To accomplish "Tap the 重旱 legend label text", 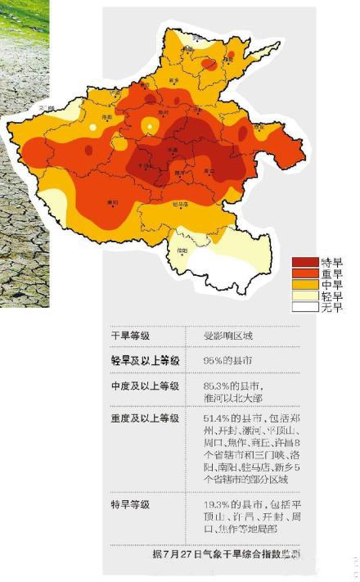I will coord(331,273).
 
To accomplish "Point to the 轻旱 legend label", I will coord(331,296).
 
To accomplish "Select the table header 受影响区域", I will coord(229,336).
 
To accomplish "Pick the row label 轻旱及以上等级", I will coord(145,360).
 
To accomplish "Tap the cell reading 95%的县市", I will coord(231,360).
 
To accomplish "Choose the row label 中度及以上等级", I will coord(145,386).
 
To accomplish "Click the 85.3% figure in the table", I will coord(215,386).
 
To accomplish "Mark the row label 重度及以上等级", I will coord(145,418).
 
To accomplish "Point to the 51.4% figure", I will coord(215,418).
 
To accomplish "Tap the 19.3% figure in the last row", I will coord(215,504).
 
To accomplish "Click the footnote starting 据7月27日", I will coord(225,554).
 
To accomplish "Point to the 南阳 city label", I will coord(112,201).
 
